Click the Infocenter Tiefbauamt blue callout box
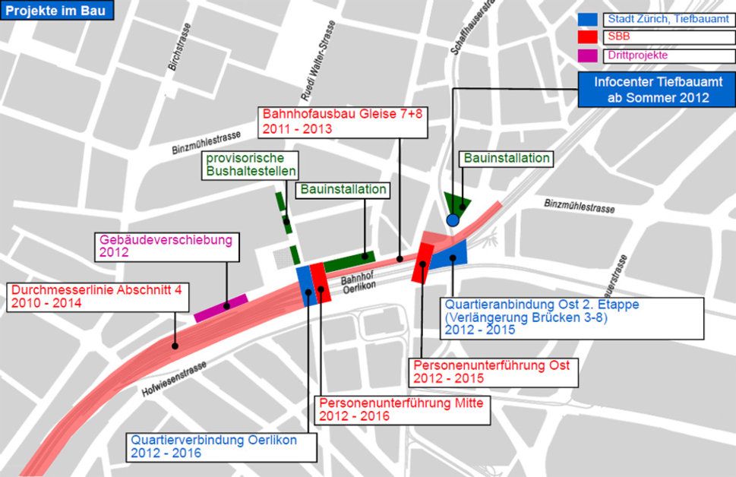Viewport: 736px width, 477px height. (x=659, y=90)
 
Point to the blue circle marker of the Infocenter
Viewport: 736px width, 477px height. (x=453, y=220)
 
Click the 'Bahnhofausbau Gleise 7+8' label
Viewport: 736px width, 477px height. (x=340, y=122)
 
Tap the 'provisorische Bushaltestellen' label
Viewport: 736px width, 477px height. (x=251, y=165)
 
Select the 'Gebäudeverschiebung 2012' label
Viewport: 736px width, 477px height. (x=166, y=247)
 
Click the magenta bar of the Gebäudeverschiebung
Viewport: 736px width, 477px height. (x=220, y=306)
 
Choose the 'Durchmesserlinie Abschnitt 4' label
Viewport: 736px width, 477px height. (x=97, y=296)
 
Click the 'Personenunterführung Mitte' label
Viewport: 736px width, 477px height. (x=403, y=409)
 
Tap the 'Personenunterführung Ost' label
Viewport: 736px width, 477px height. (x=491, y=371)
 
